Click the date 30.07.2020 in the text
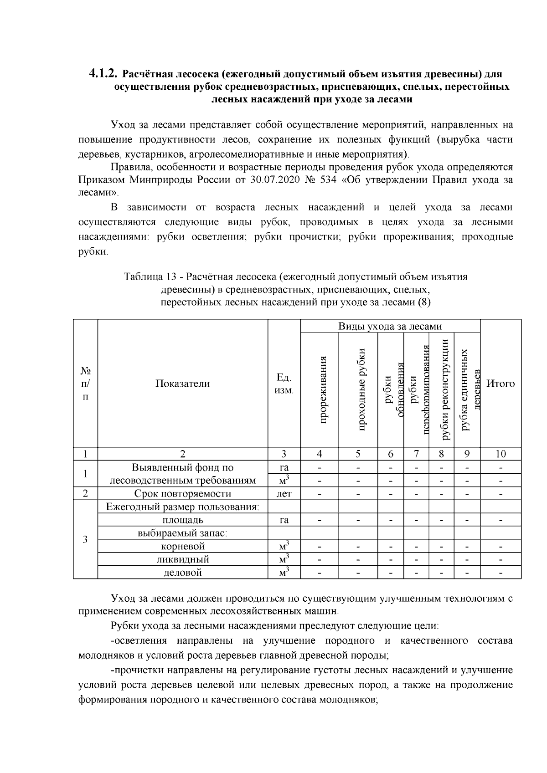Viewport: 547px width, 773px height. tap(272, 179)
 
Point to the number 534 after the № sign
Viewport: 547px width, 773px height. tap(326, 179)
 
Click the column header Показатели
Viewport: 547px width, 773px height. tap(183, 384)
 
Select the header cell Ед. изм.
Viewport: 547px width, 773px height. tap(284, 384)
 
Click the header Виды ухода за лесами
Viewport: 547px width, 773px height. tap(390, 326)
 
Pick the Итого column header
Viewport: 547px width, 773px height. tap(501, 384)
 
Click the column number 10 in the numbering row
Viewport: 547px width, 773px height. tap(501, 454)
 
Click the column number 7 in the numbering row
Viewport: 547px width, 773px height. tap(416, 454)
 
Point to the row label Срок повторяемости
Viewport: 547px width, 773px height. tap(182, 494)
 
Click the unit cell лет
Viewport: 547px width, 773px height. tap(284, 494)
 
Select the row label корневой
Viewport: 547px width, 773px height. tap(183, 546)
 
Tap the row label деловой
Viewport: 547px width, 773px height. tap(183, 573)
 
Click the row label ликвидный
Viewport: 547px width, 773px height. tap(183, 559)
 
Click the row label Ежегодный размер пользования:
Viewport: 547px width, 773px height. tap(182, 507)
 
